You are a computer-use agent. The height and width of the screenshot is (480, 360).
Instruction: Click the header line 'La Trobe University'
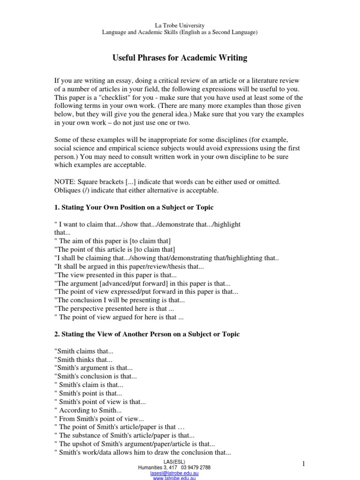[180, 25]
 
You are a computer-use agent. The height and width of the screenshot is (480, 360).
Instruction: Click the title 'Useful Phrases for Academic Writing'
[180, 58]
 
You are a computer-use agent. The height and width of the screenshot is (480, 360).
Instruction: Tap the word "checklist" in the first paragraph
[119, 97]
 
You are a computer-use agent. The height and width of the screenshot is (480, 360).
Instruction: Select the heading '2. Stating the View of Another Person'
[147, 334]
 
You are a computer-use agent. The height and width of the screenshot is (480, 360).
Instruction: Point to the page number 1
[303, 464]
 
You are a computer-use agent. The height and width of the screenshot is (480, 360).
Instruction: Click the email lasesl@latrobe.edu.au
[174, 473]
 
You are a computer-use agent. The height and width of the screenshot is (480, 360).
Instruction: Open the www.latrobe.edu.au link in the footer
[174, 478]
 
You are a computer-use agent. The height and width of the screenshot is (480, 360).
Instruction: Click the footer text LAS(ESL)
[174, 463]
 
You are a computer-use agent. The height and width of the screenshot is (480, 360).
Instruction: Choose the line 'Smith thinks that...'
[83, 360]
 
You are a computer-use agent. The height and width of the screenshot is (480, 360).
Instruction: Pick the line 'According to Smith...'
[89, 410]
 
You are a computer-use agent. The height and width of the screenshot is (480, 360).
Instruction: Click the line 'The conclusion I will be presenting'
[120, 300]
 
